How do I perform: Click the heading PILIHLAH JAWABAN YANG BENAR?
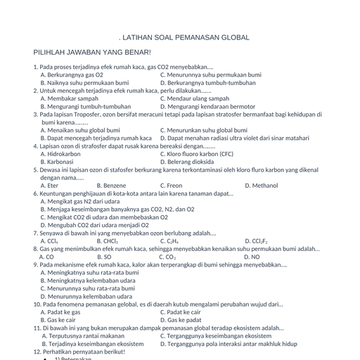pos(92,53)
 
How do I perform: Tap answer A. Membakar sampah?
pos(70,98)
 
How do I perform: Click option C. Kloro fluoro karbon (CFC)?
pos(197,153)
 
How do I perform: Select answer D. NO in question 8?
pos(252,257)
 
